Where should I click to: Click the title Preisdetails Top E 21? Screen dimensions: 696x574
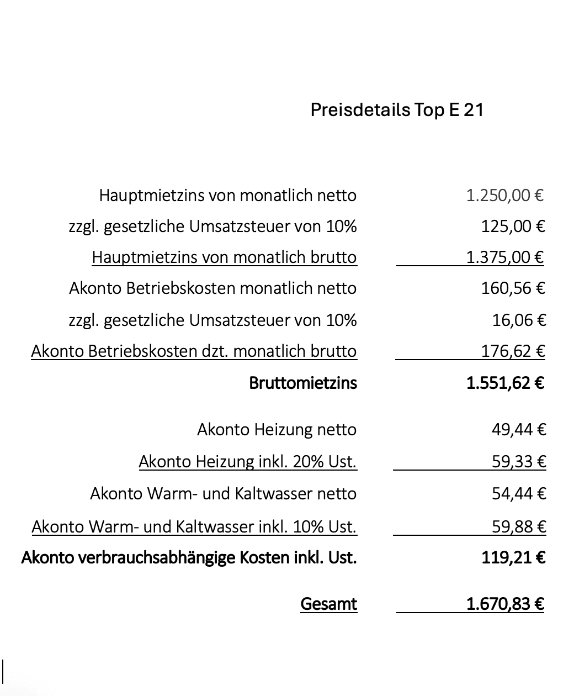click(397, 109)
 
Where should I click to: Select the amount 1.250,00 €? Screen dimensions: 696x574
click(505, 195)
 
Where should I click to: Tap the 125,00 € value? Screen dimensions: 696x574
click(513, 226)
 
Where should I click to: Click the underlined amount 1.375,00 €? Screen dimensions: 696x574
click(505, 257)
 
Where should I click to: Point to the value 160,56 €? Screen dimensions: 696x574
click(513, 288)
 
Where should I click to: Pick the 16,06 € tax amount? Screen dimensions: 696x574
click(519, 320)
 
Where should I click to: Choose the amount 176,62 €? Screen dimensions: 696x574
click(513, 351)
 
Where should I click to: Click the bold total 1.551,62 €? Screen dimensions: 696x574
click(505, 383)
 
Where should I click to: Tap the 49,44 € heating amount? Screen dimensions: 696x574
click(519, 429)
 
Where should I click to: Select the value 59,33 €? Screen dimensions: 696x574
click(519, 461)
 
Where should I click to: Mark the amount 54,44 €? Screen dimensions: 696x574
click(519, 493)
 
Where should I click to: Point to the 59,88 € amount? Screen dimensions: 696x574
click(519, 526)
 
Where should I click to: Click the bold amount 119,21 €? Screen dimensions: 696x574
click(513, 557)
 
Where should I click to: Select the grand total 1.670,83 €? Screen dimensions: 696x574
click(505, 604)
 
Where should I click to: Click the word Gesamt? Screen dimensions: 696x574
click(328, 604)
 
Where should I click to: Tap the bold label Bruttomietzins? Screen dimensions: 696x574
click(303, 383)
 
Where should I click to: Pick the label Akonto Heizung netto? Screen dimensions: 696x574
click(277, 429)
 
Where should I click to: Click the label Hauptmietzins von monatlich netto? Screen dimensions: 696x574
click(227, 195)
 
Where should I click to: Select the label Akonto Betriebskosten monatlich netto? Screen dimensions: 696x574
click(212, 288)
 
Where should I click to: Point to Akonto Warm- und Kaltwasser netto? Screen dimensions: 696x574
click(223, 493)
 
